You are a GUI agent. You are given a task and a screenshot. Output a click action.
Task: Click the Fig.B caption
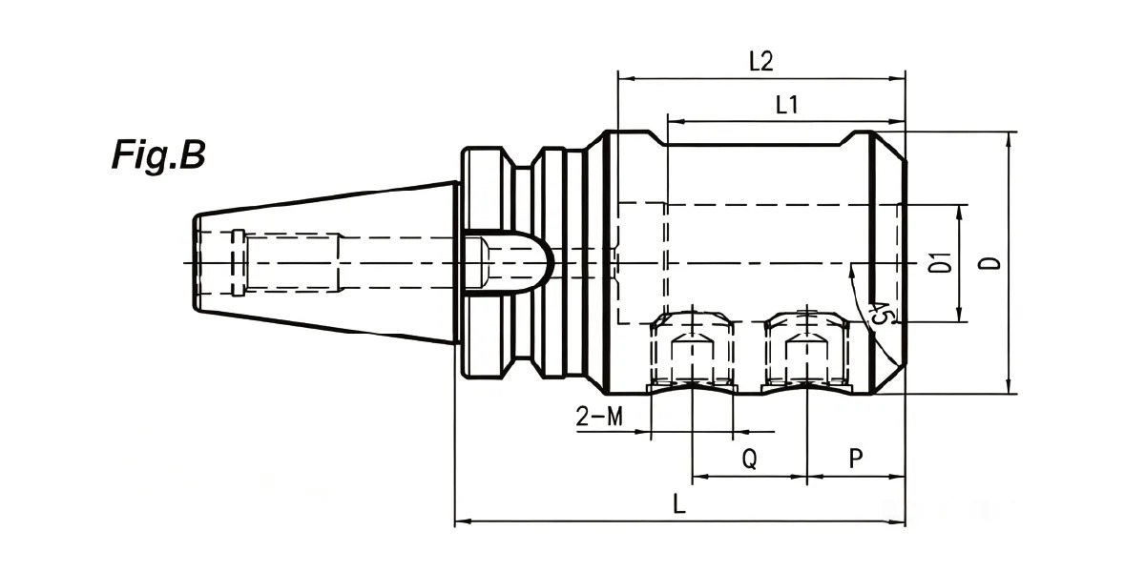[158, 154]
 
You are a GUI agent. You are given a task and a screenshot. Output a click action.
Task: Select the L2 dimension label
[761, 62]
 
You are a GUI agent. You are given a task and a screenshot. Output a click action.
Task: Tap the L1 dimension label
[786, 105]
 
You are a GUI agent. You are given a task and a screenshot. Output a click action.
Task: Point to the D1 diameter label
[941, 262]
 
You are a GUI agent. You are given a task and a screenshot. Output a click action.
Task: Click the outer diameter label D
[991, 262]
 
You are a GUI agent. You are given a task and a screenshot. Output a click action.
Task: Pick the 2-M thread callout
[599, 417]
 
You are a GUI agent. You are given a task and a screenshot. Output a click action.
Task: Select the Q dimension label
[749, 459]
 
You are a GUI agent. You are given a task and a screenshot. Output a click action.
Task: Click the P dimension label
[856, 459]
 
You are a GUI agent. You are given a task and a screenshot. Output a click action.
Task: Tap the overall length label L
[678, 504]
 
